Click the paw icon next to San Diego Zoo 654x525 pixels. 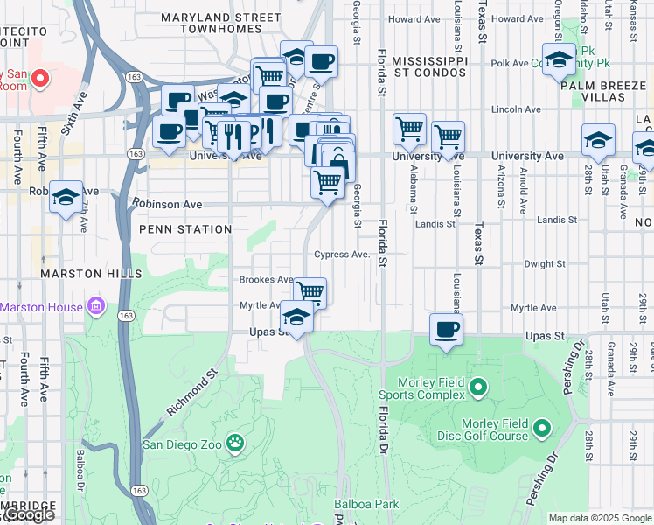(235, 443)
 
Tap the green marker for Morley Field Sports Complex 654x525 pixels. (477, 386)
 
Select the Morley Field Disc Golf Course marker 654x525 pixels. (541, 428)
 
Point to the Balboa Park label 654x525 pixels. (366, 504)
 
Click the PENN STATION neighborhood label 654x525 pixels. (184, 229)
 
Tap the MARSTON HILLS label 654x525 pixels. (90, 274)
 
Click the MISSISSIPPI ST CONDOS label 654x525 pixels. (429, 66)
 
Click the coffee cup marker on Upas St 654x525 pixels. (446, 330)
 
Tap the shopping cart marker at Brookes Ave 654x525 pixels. (310, 291)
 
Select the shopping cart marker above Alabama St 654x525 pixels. (409, 129)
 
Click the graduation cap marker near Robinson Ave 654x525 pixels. (66, 196)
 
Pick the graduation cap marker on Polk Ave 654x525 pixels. (559, 59)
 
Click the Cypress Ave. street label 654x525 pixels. (343, 255)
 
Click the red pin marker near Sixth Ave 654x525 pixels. (39, 79)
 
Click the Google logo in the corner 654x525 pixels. (29, 515)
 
